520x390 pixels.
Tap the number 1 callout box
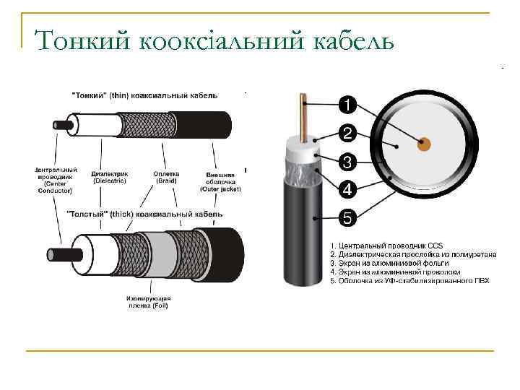(347, 105)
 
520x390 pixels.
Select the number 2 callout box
(347, 134)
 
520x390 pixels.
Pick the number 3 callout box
(347, 162)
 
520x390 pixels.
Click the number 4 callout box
(347, 190)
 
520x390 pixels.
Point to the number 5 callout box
(347, 217)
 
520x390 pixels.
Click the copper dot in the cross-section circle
(424, 144)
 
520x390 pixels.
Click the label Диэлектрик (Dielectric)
(110, 177)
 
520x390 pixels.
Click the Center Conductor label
(55, 181)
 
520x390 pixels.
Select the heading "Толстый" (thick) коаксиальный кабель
(144, 214)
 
